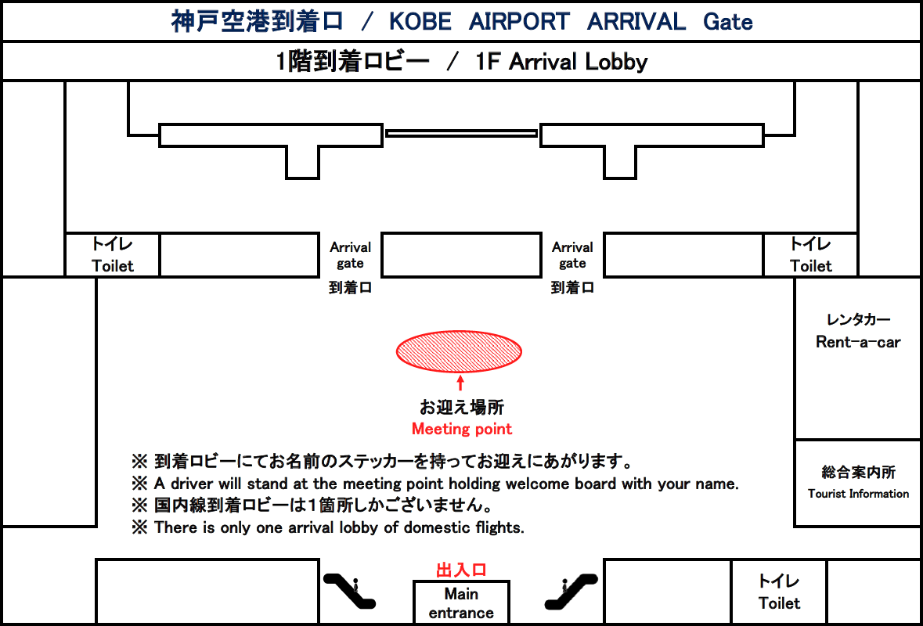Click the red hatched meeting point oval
459,352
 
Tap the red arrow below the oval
460,383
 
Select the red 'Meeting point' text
462,429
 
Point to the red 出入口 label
461,570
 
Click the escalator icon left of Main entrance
350,591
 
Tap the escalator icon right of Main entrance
571,591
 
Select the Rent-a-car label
858,342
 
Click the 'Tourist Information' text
858,494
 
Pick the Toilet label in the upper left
113,266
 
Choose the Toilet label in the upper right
810,266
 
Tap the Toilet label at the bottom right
780,603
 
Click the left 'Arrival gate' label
350,255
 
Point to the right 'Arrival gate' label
572,255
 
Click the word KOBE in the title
420,22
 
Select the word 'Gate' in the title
728,22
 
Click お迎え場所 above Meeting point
462,407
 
